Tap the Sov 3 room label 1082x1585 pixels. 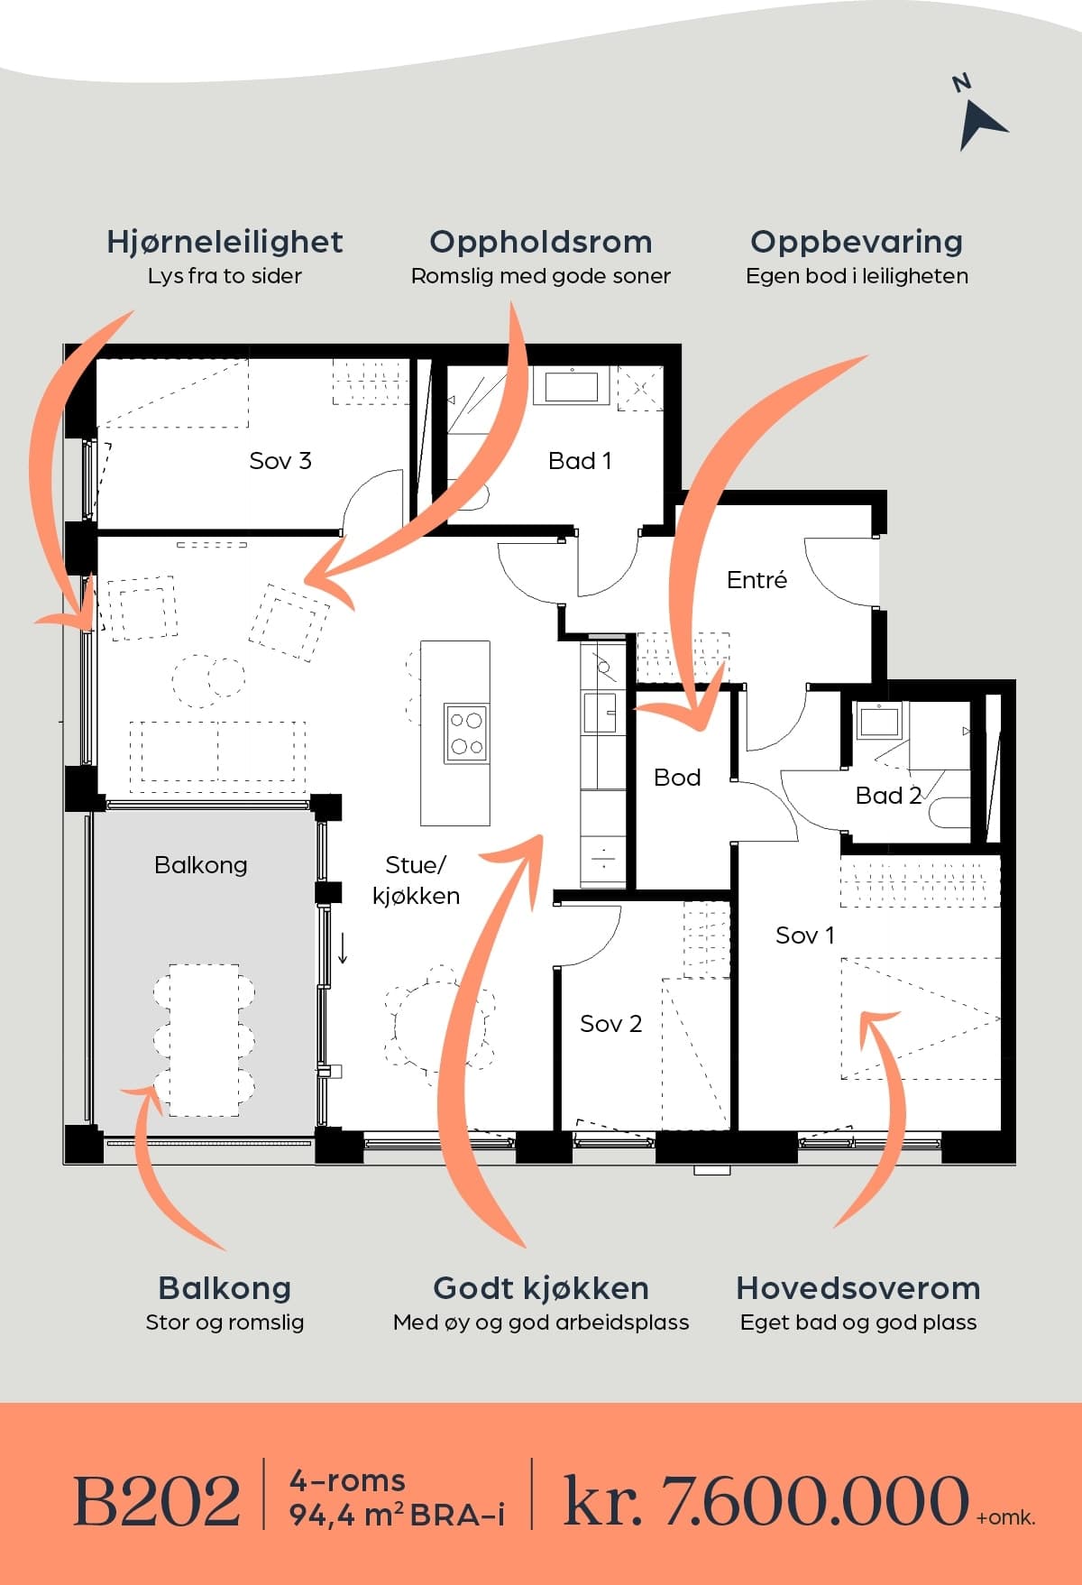click(280, 461)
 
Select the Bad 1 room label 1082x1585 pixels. click(580, 461)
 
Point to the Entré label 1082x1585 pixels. click(756, 580)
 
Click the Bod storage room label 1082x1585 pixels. click(677, 778)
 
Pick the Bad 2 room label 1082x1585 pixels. click(888, 796)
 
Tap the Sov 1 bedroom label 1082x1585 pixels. click(805, 935)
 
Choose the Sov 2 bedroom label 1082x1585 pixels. click(610, 1024)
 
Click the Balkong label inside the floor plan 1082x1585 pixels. click(201, 865)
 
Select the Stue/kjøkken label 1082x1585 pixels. click(416, 880)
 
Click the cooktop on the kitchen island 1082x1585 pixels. click(467, 733)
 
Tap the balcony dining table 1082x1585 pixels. click(204, 1040)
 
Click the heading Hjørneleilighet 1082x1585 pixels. click(225, 242)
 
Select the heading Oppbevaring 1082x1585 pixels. click(857, 242)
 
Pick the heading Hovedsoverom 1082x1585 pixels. click(858, 1288)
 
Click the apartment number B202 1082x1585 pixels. click(157, 1501)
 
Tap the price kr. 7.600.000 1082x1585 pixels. click(766, 1501)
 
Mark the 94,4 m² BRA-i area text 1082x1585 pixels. click(397, 1516)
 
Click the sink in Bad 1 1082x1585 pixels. click(571, 386)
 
